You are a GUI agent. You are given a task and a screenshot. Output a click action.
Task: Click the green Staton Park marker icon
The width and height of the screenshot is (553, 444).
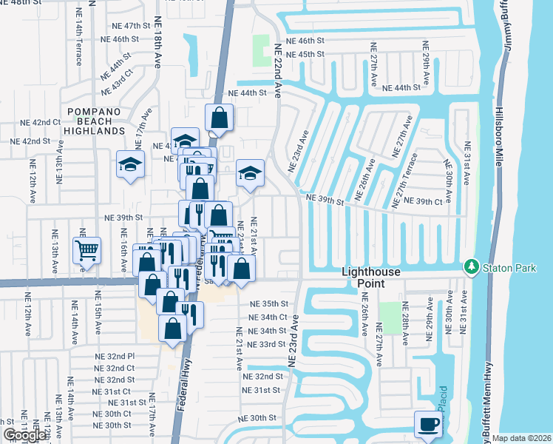470,266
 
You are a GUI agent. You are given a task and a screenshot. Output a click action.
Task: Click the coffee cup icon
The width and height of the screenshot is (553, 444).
428,424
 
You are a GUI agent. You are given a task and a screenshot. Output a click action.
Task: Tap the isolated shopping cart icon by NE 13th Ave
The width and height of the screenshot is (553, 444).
87,250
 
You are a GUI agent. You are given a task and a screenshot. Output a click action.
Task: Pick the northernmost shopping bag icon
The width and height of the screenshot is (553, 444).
220,117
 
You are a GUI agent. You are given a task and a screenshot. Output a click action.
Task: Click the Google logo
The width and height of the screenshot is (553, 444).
25,435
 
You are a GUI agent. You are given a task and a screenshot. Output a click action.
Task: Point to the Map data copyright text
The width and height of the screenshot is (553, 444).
521,438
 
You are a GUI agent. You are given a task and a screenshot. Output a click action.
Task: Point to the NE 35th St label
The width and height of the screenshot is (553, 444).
267,303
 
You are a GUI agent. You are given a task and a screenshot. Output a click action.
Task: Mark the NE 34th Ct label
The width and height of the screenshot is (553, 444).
267,317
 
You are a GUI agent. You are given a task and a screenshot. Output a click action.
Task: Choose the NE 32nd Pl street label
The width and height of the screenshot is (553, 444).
115,356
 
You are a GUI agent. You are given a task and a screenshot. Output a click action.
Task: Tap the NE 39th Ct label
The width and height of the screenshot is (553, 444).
444,202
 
